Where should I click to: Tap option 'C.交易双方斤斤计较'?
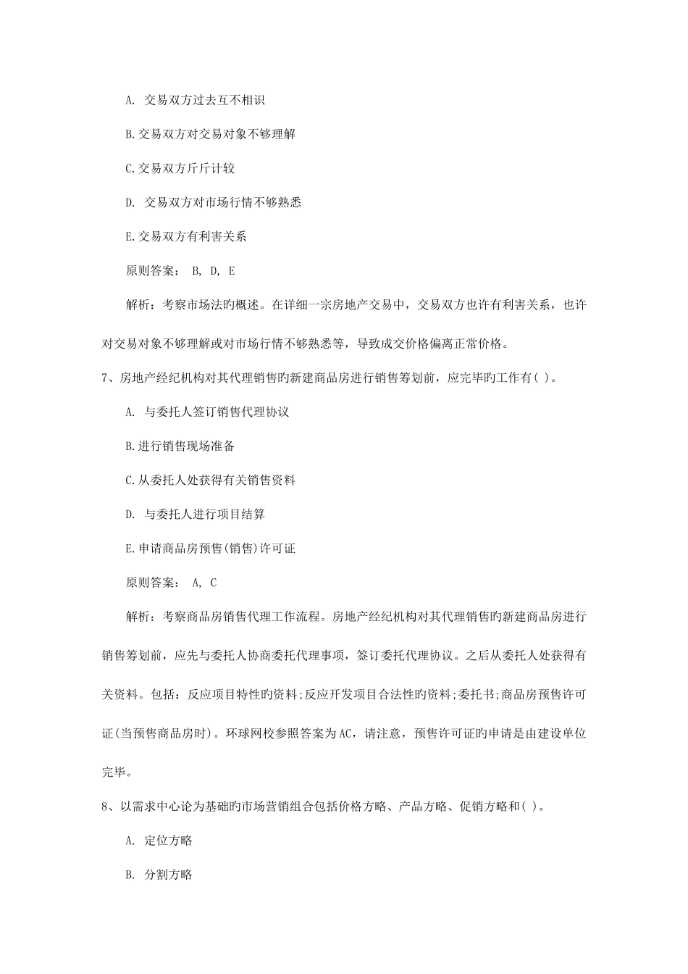(x=180, y=168)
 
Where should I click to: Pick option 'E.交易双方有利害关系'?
(x=186, y=236)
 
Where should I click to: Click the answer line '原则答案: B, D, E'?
(x=180, y=271)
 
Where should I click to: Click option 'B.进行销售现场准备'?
(x=180, y=446)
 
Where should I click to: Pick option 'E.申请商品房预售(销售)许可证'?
(x=210, y=549)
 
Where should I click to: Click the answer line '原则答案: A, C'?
(x=171, y=583)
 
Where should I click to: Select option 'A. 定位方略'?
(x=159, y=841)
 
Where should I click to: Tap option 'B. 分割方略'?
(x=159, y=875)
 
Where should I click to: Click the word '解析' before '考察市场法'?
(x=137, y=306)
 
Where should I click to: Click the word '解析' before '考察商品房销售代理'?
(x=137, y=617)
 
